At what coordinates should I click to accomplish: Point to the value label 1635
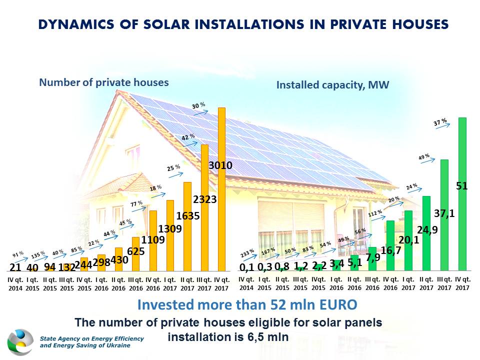(187, 216)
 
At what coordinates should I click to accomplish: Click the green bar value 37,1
(444, 213)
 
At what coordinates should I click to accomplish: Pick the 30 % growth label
(199, 105)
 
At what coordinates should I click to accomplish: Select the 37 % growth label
(440, 121)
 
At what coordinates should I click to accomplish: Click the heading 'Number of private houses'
(104, 82)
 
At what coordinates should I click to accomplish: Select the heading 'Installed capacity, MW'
(332, 85)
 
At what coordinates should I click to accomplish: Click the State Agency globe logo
(20, 342)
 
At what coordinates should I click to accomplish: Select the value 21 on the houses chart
(15, 267)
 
